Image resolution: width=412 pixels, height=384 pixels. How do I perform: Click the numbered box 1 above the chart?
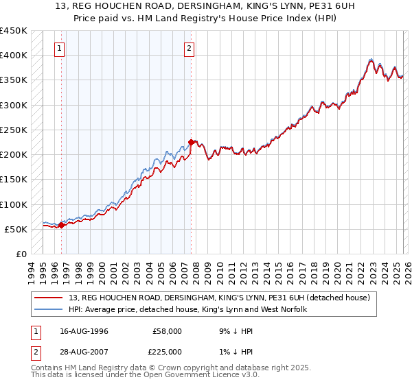(61, 48)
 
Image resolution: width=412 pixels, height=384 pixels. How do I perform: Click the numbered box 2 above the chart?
(189, 48)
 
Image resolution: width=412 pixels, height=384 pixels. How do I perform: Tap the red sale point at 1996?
(62, 224)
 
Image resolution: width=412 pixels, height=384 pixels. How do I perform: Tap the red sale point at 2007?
(191, 142)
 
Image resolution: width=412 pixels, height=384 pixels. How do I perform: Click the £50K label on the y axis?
(16, 229)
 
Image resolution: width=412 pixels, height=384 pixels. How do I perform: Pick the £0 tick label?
(21, 254)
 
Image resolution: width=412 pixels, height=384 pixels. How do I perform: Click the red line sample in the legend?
(49, 298)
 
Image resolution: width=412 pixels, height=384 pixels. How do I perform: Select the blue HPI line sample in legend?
(49, 309)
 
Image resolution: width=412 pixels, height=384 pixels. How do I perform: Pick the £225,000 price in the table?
(168, 352)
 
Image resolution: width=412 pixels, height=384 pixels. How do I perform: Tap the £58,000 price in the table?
(168, 331)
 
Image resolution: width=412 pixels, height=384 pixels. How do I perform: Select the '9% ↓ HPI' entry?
(233, 331)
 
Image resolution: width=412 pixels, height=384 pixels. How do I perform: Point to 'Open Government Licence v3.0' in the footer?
(201, 375)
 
